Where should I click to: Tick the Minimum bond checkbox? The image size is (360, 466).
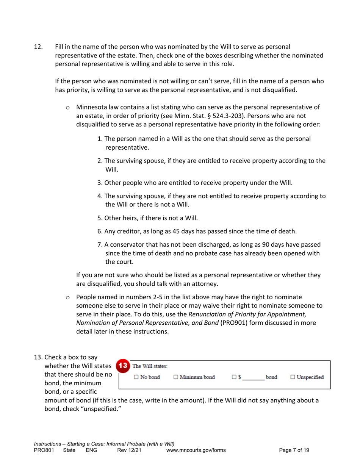coord(175,377)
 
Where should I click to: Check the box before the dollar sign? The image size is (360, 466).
coord(234,377)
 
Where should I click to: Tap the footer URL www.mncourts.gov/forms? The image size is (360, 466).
coord(196,450)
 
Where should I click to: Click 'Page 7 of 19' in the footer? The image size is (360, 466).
coord(294,450)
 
